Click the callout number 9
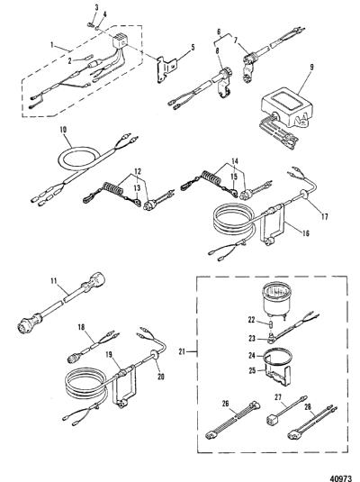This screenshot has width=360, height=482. pos(311,67)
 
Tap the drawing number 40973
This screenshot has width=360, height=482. pos(340,478)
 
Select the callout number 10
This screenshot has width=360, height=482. pos(63,130)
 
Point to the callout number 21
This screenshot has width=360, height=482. pos(182,350)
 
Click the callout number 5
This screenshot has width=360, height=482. pos(193,48)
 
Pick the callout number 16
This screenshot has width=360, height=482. pos(305,233)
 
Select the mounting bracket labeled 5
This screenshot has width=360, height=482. pos(166,69)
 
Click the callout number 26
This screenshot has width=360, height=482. pos(225,404)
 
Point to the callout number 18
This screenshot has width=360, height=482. pos(81,327)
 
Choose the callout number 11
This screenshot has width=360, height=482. pos(54,280)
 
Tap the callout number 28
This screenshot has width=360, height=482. pos(308,406)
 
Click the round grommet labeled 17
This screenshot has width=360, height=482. pos(302,195)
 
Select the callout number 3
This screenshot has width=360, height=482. pos(96,7)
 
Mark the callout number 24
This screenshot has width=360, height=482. pos(252,355)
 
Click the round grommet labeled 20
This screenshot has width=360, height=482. pos(155,355)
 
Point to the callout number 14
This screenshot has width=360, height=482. pos(235,161)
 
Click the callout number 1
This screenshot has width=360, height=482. pos(51,45)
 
